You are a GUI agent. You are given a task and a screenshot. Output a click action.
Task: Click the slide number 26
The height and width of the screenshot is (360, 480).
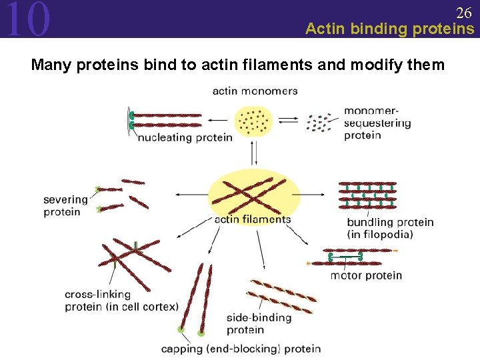(x=463, y=12)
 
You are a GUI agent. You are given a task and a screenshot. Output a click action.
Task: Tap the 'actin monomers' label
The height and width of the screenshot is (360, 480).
(x=255, y=91)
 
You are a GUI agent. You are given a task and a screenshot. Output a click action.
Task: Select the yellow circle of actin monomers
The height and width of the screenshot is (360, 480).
(x=253, y=121)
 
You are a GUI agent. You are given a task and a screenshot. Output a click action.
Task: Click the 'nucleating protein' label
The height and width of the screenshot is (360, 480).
(x=185, y=137)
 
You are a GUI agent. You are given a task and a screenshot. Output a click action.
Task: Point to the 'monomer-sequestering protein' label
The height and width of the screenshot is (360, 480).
(x=377, y=123)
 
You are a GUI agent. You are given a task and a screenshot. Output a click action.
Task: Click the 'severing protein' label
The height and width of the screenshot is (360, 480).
(x=65, y=205)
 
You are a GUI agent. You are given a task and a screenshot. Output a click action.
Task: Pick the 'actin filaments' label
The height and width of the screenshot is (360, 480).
(x=253, y=219)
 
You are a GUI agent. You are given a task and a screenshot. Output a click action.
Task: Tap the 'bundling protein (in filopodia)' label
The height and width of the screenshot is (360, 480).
(x=390, y=228)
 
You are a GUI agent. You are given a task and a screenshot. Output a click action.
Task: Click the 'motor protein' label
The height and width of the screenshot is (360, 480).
(x=366, y=275)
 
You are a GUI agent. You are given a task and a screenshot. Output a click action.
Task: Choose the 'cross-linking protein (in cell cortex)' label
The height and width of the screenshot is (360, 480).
(x=121, y=301)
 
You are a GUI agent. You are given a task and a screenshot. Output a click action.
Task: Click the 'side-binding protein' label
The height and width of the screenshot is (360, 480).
(x=259, y=323)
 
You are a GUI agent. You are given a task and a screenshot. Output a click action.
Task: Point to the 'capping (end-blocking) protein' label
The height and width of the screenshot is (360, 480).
(x=241, y=348)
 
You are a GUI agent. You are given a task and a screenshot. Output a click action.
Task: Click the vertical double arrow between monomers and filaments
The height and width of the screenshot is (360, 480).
(x=253, y=154)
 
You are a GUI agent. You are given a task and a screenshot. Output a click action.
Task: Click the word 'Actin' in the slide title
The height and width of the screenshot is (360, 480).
(x=325, y=29)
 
